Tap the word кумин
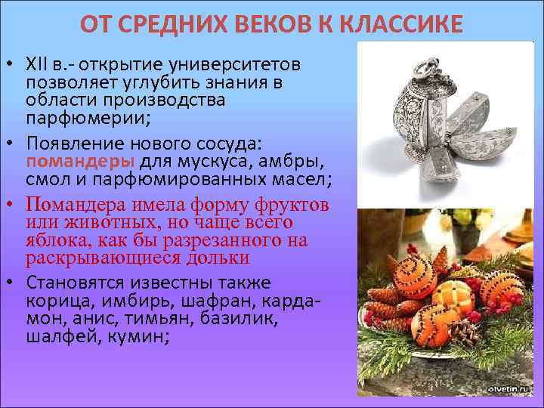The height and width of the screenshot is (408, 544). (136, 337)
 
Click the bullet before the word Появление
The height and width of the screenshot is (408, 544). (14, 142)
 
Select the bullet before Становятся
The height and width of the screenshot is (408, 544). (14, 283)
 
